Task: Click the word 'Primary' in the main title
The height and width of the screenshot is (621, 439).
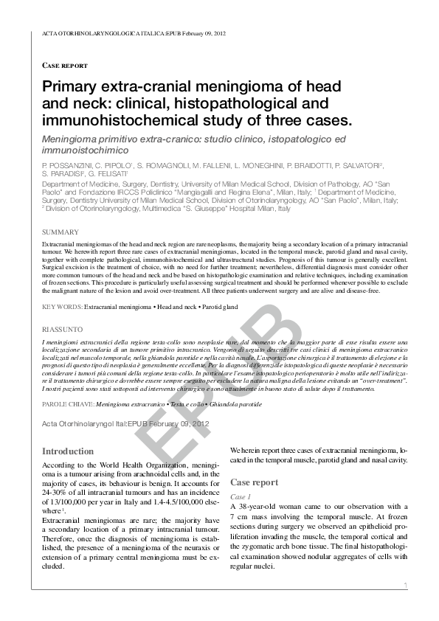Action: (x=70, y=87)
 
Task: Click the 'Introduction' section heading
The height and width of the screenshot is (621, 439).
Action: (x=68, y=451)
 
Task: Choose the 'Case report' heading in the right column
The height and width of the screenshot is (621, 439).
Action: (x=254, y=482)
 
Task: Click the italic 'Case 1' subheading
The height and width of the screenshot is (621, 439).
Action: (x=241, y=497)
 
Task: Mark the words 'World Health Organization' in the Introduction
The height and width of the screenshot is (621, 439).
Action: (x=142, y=466)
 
